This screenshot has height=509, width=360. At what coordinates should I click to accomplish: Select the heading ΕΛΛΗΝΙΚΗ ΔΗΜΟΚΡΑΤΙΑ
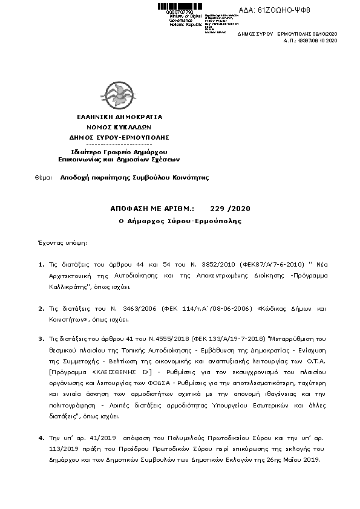point(119,115)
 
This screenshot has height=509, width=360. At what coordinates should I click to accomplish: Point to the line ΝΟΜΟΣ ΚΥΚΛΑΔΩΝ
point(119,127)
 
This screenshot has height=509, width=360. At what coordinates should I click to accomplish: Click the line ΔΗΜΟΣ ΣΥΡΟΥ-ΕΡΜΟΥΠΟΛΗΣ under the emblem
point(119,138)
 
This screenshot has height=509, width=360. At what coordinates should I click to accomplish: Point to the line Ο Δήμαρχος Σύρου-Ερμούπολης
point(180,221)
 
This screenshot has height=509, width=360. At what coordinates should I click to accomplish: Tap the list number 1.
point(41,264)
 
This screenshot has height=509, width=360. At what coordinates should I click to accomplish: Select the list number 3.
point(41,340)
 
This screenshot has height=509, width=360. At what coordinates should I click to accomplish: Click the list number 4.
point(41,436)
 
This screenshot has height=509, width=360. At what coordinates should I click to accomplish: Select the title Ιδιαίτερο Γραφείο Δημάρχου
point(119,152)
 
